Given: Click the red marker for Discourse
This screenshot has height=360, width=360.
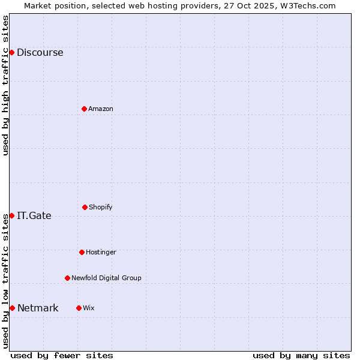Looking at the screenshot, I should click(11, 52).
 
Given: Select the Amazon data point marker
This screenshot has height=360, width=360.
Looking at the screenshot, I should click(84, 109).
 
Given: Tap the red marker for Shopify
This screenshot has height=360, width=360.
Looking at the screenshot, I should click(85, 207).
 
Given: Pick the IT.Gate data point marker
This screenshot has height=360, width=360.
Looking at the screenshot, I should click(11, 215).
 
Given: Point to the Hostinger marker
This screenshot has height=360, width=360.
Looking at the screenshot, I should click(82, 252).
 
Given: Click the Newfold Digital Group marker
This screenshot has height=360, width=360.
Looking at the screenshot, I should click(67, 278).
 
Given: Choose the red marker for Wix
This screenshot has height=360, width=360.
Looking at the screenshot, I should click(79, 308).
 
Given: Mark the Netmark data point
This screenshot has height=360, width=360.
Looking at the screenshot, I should click(12, 308).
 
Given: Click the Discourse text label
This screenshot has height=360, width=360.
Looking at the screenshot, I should click(40, 52).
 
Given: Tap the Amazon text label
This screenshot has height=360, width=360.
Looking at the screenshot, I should click(101, 109).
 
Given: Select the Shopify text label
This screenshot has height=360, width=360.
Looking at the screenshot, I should click(101, 207).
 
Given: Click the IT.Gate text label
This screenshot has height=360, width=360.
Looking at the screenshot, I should click(34, 215).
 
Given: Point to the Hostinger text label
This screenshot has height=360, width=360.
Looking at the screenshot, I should click(101, 252).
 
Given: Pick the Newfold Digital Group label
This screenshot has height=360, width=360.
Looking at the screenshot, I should click(106, 278).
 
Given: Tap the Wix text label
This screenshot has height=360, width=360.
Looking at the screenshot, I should click(89, 308).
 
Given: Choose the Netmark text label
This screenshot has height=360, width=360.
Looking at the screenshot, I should click(38, 308).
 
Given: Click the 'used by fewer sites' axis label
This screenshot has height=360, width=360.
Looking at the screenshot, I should click(62, 355).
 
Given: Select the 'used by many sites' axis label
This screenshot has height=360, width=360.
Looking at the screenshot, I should click(301, 355).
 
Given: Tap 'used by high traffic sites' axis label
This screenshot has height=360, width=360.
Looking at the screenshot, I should click(5, 85).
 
